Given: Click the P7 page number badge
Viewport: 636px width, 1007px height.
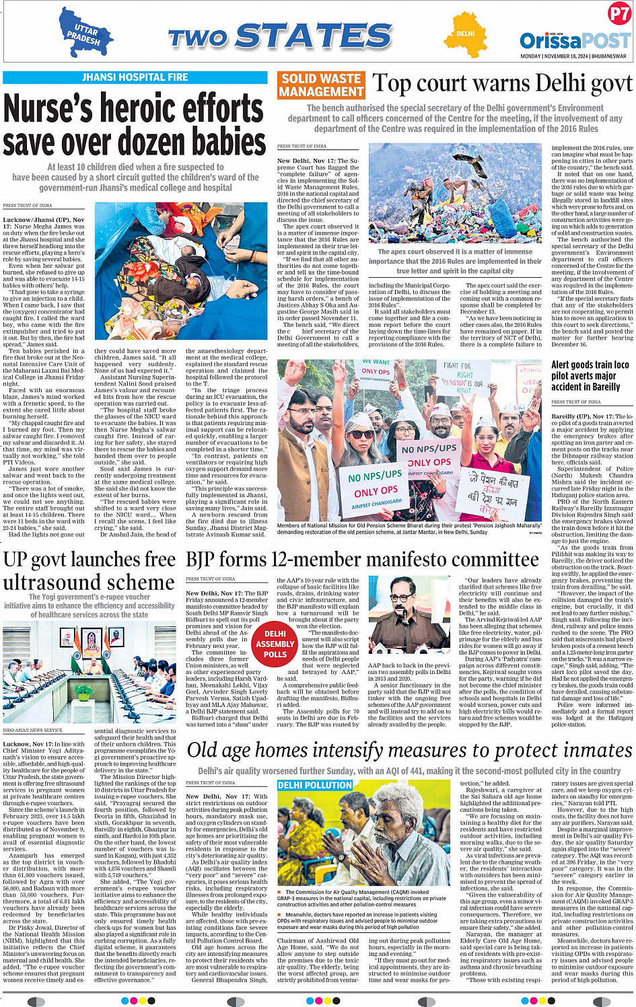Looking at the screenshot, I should tap(619, 13).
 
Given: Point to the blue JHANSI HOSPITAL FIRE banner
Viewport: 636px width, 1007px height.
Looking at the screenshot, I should tap(135, 77).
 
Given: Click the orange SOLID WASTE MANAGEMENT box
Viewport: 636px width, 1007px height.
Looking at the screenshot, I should tap(321, 85).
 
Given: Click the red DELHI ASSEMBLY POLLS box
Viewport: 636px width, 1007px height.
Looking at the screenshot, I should tap(275, 644).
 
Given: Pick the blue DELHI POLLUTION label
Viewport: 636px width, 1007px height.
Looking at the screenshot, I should tap(315, 785).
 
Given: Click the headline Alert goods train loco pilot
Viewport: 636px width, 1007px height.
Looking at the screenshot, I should tap(590, 375).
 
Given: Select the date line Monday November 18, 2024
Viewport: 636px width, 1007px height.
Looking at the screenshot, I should tap(573, 57).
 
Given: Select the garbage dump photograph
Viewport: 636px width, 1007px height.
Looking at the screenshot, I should tap(455, 194).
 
